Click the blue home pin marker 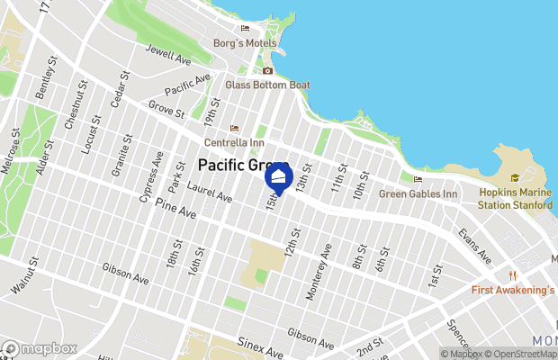(279, 177)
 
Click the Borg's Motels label (244, 41)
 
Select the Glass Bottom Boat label (267, 85)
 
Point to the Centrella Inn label (234, 142)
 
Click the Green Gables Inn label (418, 193)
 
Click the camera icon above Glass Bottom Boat (267, 70)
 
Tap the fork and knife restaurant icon (511, 275)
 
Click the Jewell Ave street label (168, 55)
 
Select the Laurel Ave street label (210, 192)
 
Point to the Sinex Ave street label (261, 342)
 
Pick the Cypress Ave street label (149, 177)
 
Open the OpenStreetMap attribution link (519, 354)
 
